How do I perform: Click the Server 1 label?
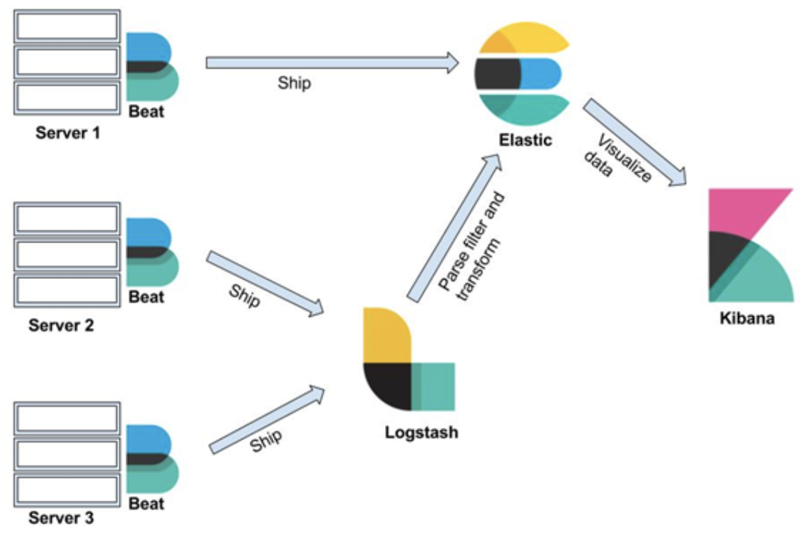[x=67, y=133]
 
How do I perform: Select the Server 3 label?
[x=62, y=519]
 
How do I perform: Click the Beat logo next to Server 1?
[x=153, y=66]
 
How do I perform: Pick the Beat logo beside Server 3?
[x=153, y=458]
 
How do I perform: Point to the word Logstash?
[x=421, y=432]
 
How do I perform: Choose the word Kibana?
[x=746, y=317]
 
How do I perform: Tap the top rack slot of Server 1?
[x=67, y=26]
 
